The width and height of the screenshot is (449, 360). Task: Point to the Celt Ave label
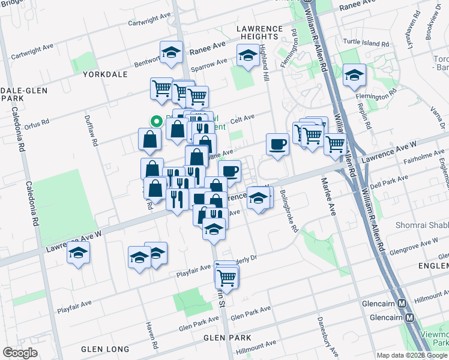pyautogui.click(x=243, y=118)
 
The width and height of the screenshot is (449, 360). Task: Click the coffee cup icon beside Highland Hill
pyautogui.click(x=277, y=145)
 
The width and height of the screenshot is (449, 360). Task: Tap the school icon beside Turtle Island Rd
pyautogui.click(x=354, y=75)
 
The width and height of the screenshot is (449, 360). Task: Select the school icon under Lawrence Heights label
pyautogui.click(x=247, y=56)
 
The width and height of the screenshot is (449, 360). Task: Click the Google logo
pyautogui.click(x=20, y=353)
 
